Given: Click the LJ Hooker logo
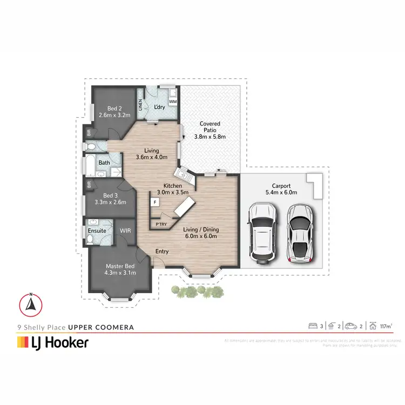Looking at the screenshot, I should pyautogui.click(x=53, y=342).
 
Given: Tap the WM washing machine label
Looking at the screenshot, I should pyautogui.click(x=173, y=101).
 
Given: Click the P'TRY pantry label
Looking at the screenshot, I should pyautogui.click(x=160, y=224).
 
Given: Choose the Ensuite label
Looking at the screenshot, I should pyautogui.click(x=97, y=232).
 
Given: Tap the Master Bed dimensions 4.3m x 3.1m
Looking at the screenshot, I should pyautogui.click(x=120, y=272).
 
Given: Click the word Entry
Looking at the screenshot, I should pyautogui.click(x=162, y=252).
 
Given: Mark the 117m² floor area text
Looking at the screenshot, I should pyautogui.click(x=385, y=326).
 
